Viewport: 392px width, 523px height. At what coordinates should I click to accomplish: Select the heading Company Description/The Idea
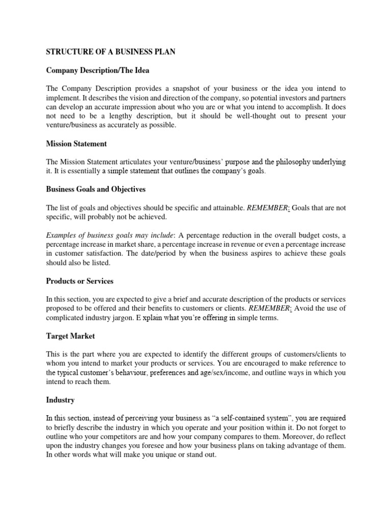(98, 70)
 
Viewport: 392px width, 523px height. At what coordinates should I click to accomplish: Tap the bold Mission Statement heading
(77, 144)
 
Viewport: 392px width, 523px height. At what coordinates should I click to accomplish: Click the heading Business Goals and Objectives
(96, 189)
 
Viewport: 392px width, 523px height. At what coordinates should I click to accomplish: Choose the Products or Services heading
(80, 281)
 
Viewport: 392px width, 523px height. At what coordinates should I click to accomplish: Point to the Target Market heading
(70, 336)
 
